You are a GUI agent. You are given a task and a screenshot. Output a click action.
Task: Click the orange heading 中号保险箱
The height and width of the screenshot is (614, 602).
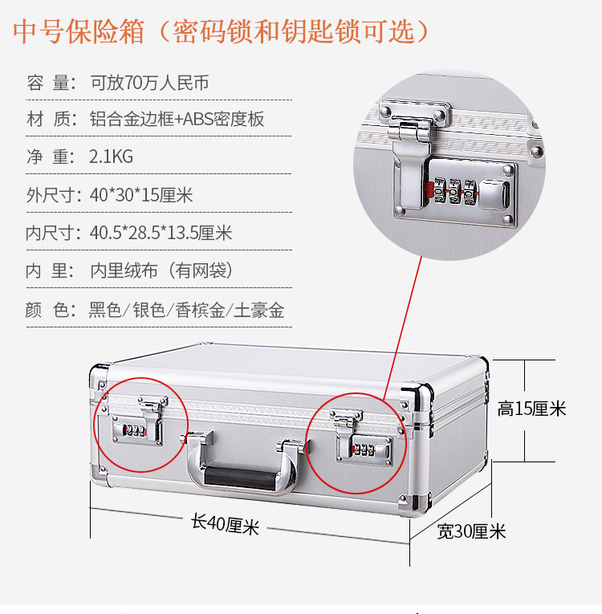coord(79,31)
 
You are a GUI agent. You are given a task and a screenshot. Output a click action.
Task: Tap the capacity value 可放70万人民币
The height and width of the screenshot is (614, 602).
coord(149,83)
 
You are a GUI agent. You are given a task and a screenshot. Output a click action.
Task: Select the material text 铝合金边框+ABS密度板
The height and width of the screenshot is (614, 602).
coord(177,119)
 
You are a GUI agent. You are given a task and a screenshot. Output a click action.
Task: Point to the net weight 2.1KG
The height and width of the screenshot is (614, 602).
coord(112,157)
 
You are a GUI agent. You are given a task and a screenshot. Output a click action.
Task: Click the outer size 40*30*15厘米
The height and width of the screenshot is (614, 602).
coord(141,194)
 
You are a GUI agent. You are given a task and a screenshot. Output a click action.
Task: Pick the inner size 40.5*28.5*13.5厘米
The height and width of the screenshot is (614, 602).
coord(161,233)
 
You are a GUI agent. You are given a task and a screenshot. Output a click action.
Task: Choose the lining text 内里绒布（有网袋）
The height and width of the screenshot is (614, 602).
coord(162,270)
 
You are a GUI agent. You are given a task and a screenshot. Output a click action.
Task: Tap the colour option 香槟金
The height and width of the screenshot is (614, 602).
coord(200,310)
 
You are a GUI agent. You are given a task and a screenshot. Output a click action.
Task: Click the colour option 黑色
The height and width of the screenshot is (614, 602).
coord(105,310)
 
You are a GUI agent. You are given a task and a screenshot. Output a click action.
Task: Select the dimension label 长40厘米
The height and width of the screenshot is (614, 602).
coord(226,523)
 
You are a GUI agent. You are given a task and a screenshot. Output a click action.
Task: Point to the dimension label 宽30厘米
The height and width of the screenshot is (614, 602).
coord(471,531)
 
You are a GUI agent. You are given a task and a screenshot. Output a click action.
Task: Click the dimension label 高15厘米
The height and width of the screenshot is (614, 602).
coord(531,409)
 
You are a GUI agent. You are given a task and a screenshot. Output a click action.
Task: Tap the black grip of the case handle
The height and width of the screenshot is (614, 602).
coord(239,478)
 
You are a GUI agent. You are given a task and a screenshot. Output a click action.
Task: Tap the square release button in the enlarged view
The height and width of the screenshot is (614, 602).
coord(494,194)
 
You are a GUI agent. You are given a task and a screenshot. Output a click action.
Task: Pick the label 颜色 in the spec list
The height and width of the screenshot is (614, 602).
coord(51,310)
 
